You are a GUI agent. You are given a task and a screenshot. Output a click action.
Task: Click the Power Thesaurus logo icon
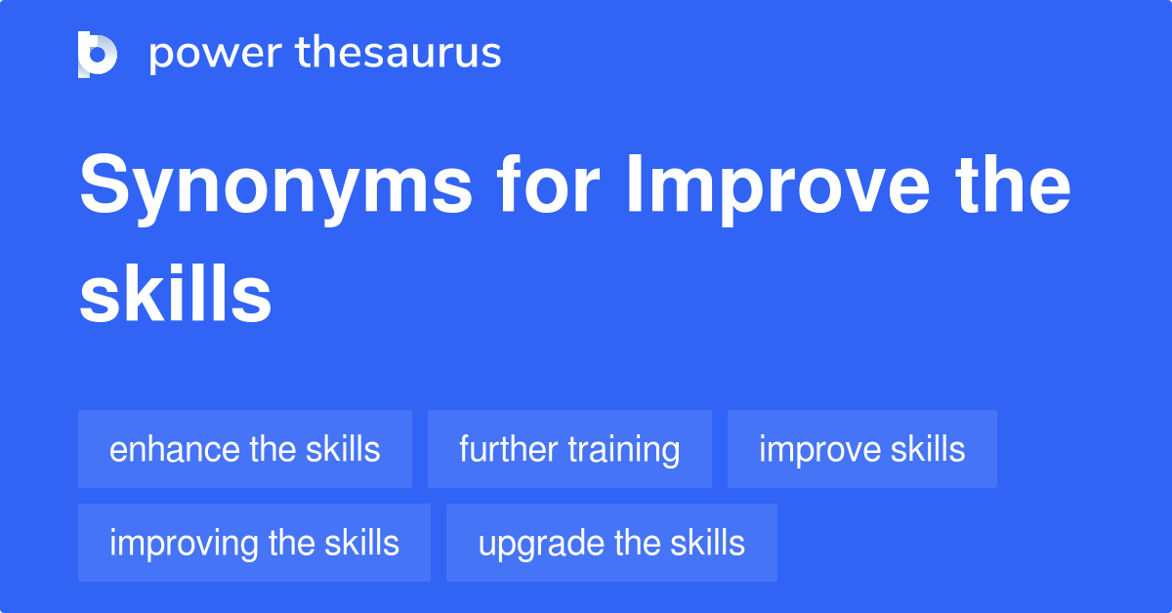pos(98,54)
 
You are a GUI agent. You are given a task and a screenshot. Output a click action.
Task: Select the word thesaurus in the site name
pos(398,54)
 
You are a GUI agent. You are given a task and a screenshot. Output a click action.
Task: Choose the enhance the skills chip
pos(245,449)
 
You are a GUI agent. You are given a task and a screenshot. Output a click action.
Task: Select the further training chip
pos(569,449)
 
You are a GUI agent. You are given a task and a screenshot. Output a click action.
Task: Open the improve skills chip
pos(861,449)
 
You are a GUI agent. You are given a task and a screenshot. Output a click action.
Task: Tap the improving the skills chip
pos(254,543)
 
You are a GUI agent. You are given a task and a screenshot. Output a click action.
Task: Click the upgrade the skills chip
pos(611,543)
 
